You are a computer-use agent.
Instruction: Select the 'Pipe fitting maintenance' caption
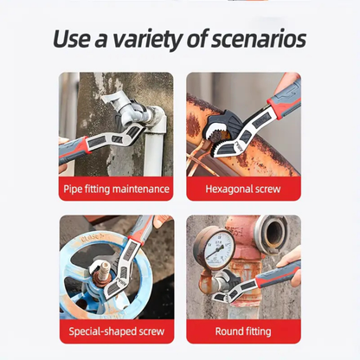coord(116,189)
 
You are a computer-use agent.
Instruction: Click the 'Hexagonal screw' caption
coord(243,189)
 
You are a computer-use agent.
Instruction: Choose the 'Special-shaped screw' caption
coord(116,331)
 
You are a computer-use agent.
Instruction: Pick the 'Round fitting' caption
coord(243,331)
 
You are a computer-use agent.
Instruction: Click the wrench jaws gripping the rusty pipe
coord(213,130)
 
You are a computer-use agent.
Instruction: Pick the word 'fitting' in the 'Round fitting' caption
coord(257,331)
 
